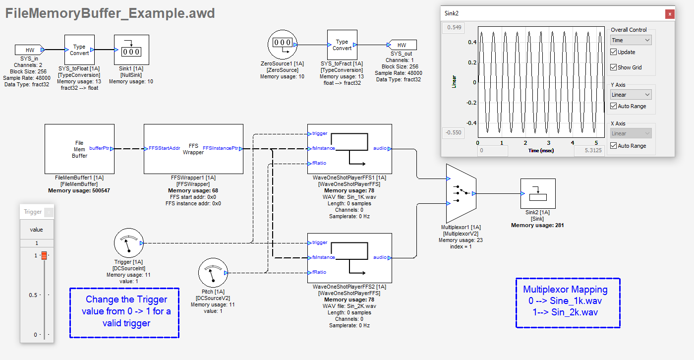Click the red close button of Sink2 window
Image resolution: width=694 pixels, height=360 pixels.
coord(670,14)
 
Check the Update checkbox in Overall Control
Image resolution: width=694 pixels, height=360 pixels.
coord(614,52)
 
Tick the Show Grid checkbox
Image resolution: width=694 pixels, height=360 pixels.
coord(614,67)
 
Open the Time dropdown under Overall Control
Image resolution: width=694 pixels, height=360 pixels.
coord(631,40)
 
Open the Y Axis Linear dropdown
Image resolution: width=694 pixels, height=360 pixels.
coord(631,95)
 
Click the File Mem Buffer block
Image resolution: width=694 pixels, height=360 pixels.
coord(79,149)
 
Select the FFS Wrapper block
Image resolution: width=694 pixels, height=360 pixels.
coord(193,149)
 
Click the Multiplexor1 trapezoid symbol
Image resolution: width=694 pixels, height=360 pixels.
coord(461,193)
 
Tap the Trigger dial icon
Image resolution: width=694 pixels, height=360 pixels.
coord(128,243)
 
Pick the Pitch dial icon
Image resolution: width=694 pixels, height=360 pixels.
coord(213,273)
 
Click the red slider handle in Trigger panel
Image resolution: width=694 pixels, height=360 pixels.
coord(44,255)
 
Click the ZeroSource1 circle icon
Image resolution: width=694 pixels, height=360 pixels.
coord(282,45)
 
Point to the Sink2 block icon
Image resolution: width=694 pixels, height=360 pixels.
coord(538,193)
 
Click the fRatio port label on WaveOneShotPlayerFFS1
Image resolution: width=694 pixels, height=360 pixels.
coord(319,163)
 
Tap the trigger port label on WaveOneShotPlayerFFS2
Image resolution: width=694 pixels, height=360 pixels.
coord(320,242)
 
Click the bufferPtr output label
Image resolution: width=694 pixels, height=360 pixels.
coord(99,148)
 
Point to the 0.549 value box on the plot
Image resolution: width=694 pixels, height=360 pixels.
coord(454,27)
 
